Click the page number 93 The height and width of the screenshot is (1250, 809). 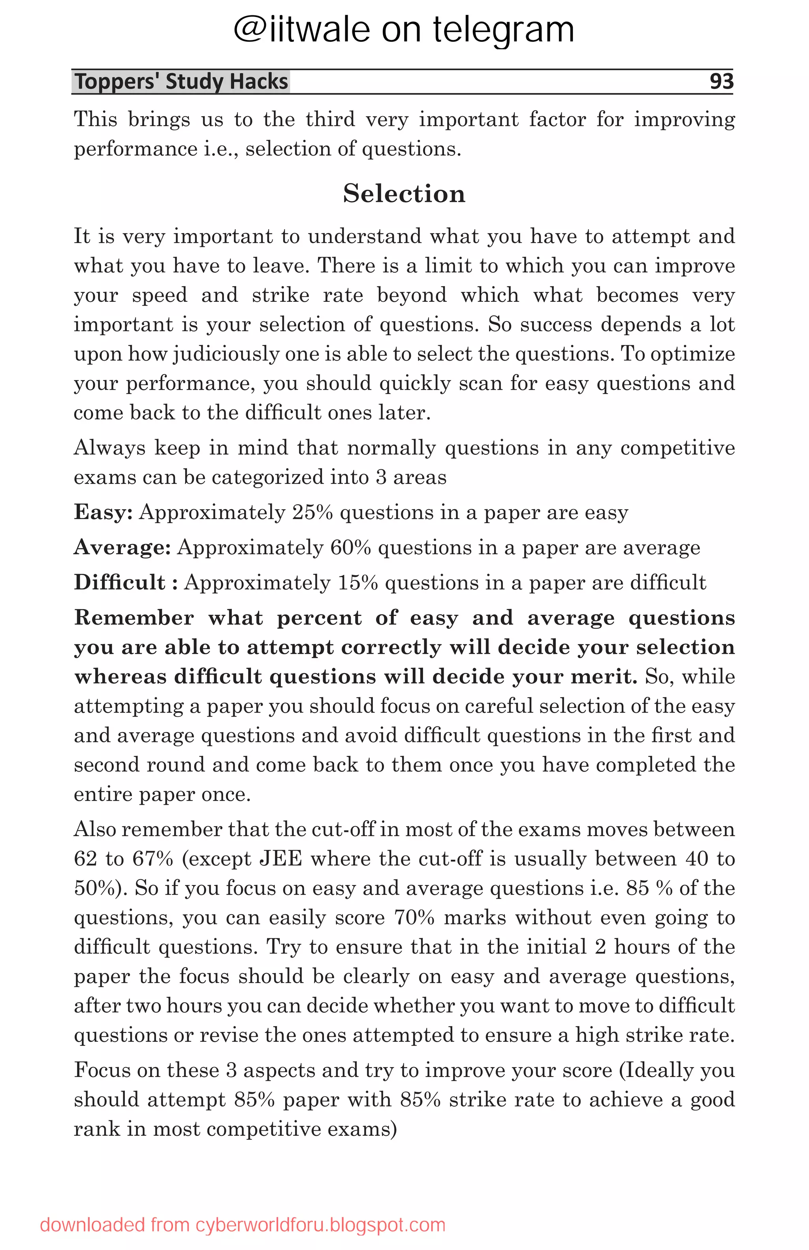(x=721, y=81)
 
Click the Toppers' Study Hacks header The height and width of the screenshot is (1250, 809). (x=181, y=82)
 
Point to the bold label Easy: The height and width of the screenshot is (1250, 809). (x=103, y=512)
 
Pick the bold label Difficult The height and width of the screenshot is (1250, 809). (x=120, y=582)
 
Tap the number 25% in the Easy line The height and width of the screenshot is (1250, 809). (x=312, y=512)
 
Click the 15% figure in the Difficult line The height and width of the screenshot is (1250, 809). (x=357, y=582)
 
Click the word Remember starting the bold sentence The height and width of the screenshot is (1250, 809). (x=134, y=617)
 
